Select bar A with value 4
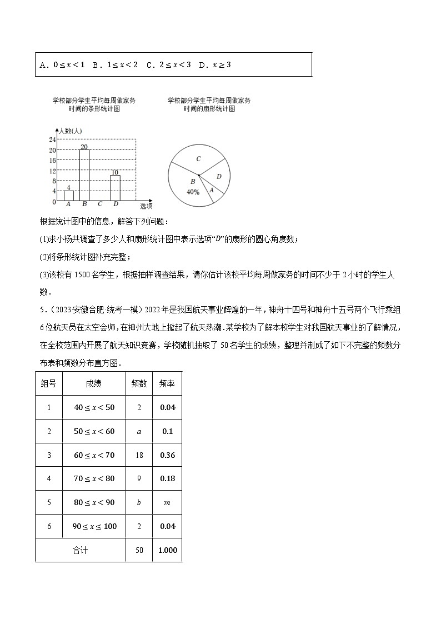click(x=68, y=195)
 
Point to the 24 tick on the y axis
click(x=52, y=139)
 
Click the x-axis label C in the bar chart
click(x=100, y=204)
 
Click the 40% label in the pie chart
click(x=193, y=192)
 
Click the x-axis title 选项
click(x=146, y=206)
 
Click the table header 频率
click(x=167, y=383)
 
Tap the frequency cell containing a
click(x=139, y=431)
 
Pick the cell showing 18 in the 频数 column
click(x=139, y=455)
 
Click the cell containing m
click(x=167, y=502)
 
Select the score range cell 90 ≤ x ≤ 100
click(x=94, y=526)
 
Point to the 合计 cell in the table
click(x=80, y=550)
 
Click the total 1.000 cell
click(x=167, y=550)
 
